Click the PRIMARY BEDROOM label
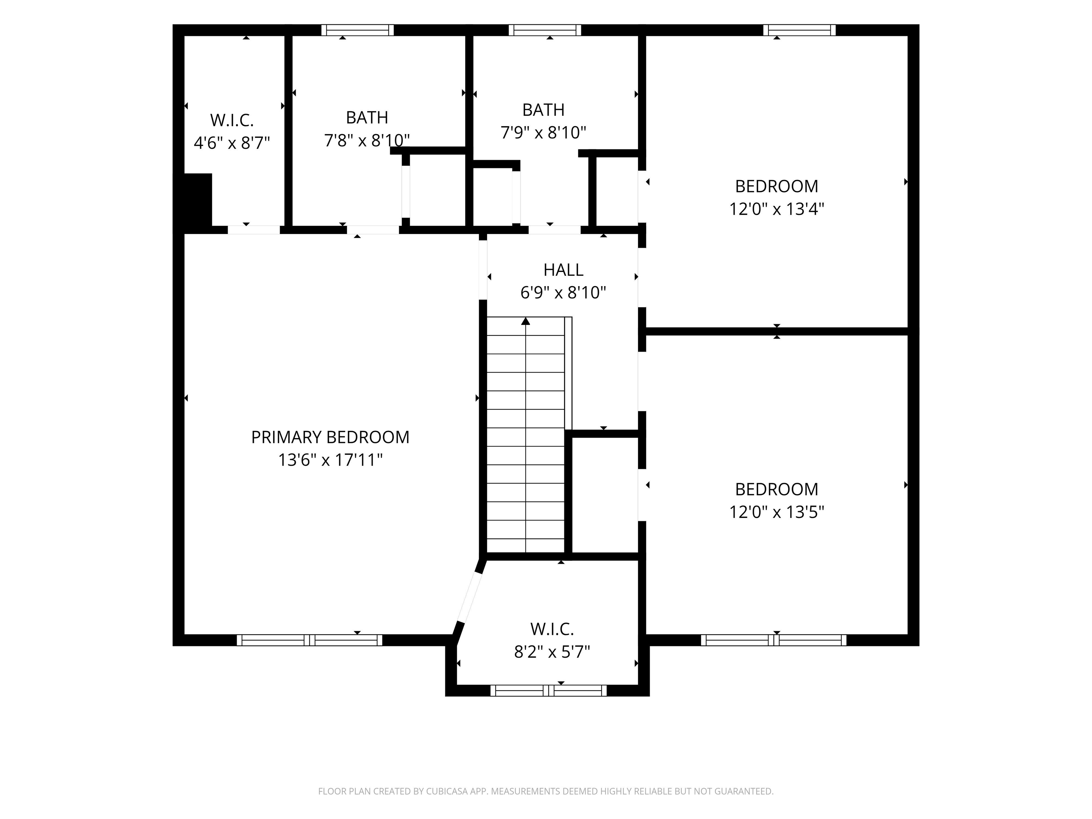tap(330, 437)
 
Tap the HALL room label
tap(563, 270)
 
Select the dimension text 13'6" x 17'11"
tap(330, 460)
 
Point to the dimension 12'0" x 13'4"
tap(777, 209)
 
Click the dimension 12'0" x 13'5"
tap(777, 513)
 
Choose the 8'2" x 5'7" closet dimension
tap(552, 652)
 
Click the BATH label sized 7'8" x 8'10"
tap(367, 118)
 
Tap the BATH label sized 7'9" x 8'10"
tap(543, 109)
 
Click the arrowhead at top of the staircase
tap(526, 321)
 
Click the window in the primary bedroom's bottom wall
tap(310, 640)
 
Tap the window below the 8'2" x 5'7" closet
tap(548, 691)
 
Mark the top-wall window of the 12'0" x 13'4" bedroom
tap(799, 30)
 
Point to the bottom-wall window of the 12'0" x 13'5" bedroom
tap(773, 640)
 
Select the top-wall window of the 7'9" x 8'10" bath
tap(545, 30)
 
